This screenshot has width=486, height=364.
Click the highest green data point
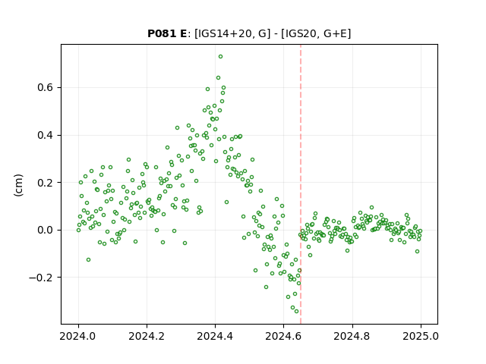point(220,57)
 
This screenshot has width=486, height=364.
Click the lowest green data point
point(296,312)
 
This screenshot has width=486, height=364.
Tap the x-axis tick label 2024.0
point(78,336)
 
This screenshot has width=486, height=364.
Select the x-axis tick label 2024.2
point(147,336)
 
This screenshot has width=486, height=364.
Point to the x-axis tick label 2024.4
point(215,336)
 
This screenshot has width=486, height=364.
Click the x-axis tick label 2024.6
point(283,336)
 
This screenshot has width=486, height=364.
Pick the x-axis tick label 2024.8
point(352,336)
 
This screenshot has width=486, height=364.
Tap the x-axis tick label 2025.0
point(421,336)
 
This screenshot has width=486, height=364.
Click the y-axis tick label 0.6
point(46,88)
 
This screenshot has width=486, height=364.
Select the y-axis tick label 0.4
point(46,135)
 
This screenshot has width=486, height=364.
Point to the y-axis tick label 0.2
point(46,183)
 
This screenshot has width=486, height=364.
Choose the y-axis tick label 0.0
point(46,230)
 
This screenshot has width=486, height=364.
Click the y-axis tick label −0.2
point(41,278)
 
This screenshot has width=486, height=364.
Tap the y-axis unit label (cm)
point(18,185)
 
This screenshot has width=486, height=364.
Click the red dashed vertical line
point(301,184)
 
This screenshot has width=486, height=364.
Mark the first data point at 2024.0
point(78,230)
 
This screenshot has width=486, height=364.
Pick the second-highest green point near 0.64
point(218,78)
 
